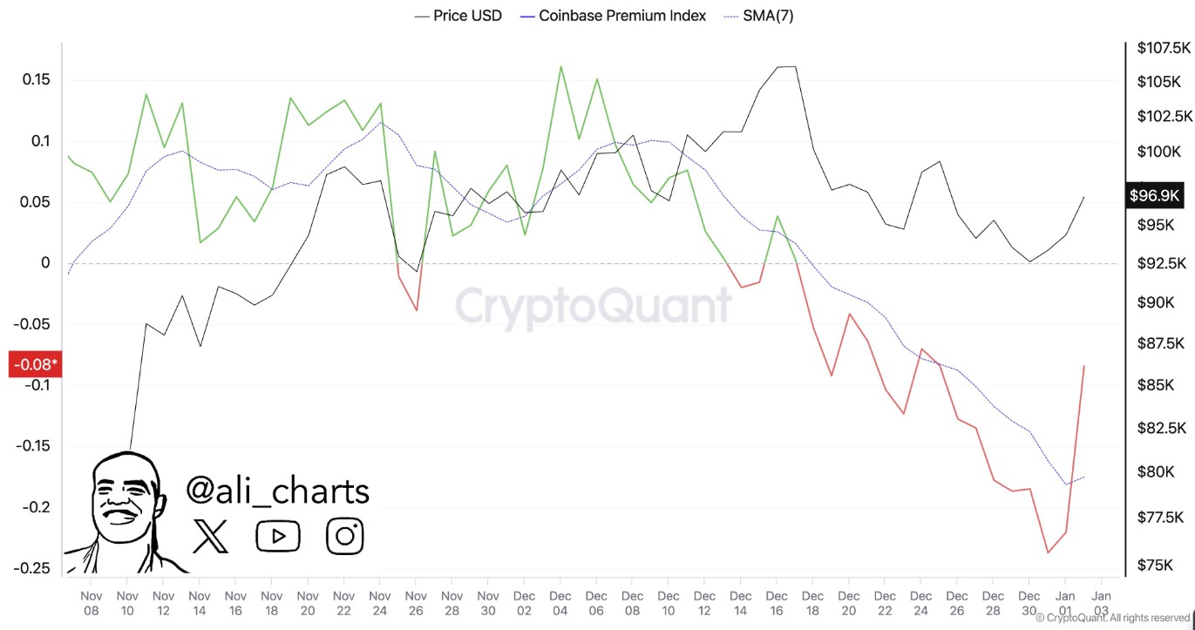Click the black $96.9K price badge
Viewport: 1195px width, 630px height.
click(x=1154, y=195)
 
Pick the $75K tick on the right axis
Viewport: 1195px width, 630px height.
click(x=1155, y=565)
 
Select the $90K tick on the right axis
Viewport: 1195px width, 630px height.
click(x=1155, y=302)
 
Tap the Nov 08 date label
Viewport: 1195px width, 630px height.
click(x=91, y=603)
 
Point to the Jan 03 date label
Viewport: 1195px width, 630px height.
click(x=1101, y=603)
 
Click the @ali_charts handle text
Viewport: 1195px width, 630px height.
click(x=277, y=491)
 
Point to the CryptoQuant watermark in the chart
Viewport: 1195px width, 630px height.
click(x=593, y=307)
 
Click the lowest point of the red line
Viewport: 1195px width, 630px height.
click(x=1048, y=552)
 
